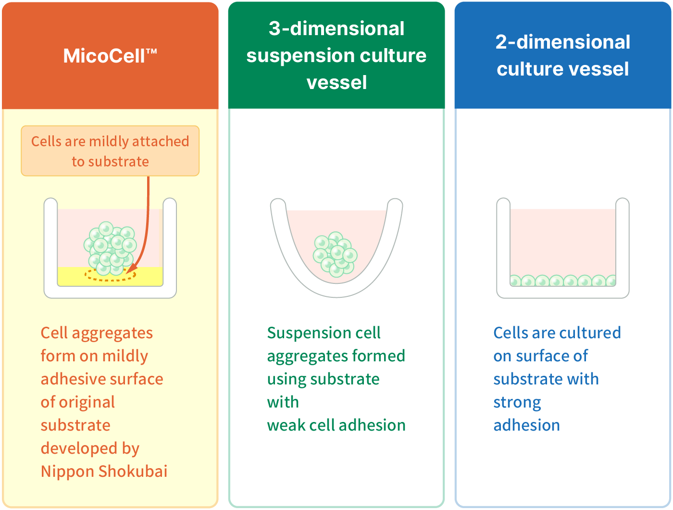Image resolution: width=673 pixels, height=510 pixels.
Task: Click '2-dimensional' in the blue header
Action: point(562,42)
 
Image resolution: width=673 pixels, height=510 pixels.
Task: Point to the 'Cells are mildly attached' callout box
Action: point(110,151)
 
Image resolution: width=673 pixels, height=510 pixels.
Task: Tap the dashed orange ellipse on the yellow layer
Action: point(111,275)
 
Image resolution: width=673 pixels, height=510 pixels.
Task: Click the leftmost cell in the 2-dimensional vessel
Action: point(515,281)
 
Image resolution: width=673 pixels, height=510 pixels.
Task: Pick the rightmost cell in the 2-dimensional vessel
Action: point(611,281)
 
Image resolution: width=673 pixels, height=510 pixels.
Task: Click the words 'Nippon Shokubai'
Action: point(104,472)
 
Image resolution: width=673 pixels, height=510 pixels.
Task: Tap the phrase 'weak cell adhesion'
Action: point(336,425)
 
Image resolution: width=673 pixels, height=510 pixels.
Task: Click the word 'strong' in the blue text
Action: point(517,402)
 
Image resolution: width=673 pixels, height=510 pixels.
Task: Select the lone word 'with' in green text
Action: point(283,402)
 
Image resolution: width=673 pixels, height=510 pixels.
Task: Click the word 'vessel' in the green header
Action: point(336,83)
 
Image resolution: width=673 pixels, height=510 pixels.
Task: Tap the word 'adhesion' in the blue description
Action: point(526,425)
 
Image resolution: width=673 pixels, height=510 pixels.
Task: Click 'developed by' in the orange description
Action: point(90,448)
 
